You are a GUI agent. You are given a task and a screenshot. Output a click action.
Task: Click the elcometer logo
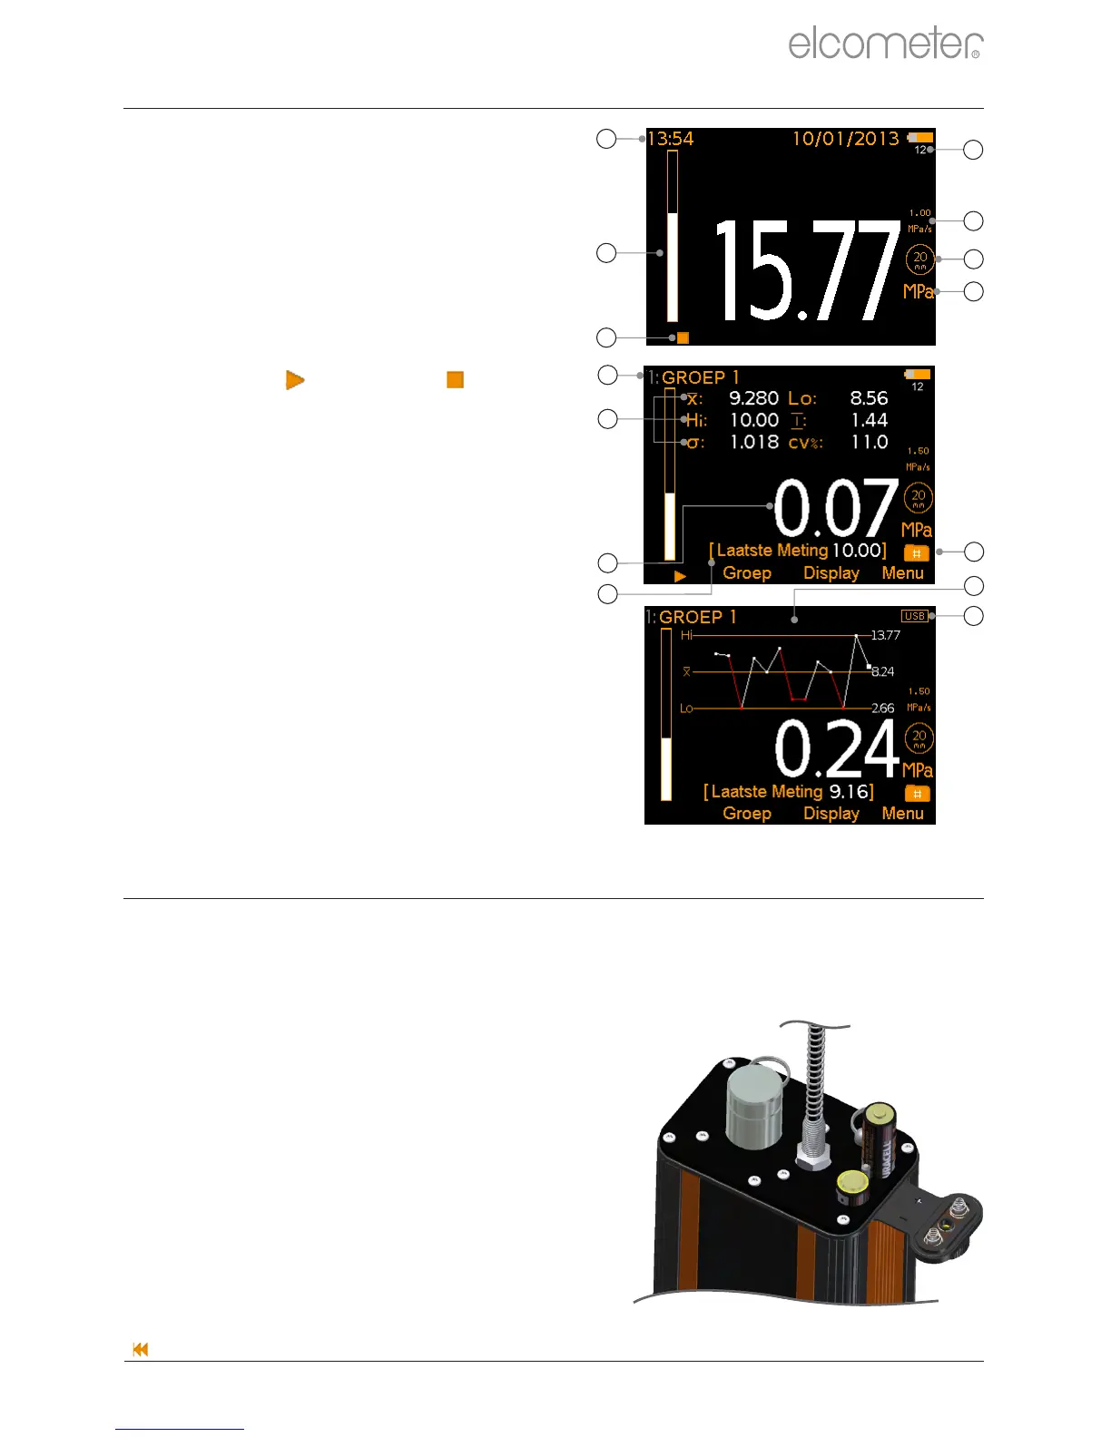pyautogui.click(x=885, y=44)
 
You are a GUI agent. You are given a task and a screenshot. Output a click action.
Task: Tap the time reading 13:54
pyautogui.click(x=670, y=139)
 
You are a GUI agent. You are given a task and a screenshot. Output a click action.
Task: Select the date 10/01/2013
pyautogui.click(x=845, y=139)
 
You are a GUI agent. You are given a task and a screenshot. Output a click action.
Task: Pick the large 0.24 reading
pyautogui.click(x=836, y=749)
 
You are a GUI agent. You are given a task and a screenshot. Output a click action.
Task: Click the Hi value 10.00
pyautogui.click(x=754, y=420)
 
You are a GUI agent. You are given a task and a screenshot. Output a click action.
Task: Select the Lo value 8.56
pyautogui.click(x=869, y=398)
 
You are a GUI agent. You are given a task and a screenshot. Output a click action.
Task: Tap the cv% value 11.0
pyautogui.click(x=869, y=443)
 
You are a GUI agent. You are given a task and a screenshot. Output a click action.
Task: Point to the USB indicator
pyautogui.click(x=914, y=616)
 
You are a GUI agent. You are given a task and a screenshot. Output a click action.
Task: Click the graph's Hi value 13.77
pyautogui.click(x=885, y=635)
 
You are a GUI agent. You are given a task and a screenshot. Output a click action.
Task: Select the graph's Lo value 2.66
pyautogui.click(x=882, y=709)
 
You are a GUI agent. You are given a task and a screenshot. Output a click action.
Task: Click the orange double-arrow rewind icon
pyautogui.click(x=141, y=1350)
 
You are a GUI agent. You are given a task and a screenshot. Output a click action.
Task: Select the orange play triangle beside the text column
pyautogui.click(x=295, y=380)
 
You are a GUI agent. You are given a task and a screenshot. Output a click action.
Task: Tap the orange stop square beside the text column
pyautogui.click(x=456, y=380)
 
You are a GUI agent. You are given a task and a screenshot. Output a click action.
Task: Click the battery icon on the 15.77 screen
pyautogui.click(x=919, y=138)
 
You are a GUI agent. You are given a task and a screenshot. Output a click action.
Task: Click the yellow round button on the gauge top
pyautogui.click(x=852, y=1183)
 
